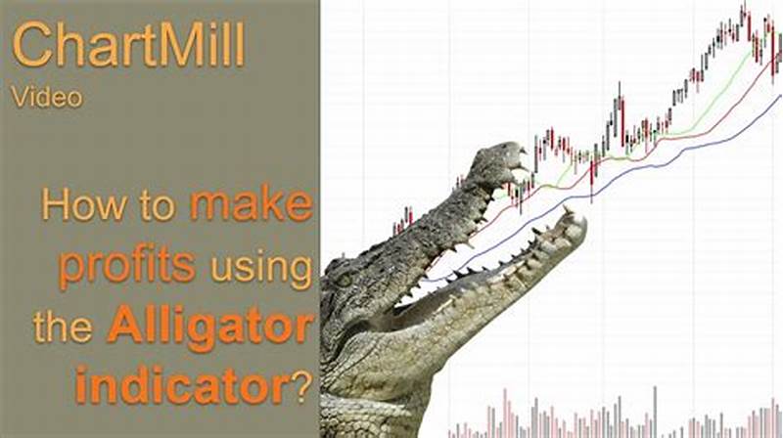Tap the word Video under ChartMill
coord(48,96)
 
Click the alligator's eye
coord(345,284)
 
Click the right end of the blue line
coord(780,96)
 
